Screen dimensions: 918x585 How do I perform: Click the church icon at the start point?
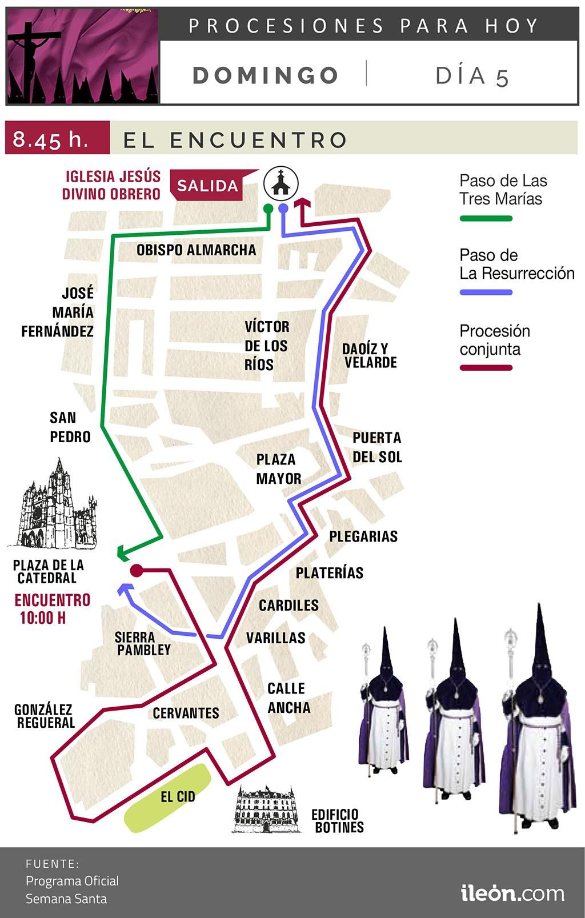281,183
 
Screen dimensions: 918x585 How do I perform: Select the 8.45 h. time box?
57,139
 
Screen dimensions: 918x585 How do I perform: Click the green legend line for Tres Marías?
486,218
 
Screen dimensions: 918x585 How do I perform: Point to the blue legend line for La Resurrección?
486,292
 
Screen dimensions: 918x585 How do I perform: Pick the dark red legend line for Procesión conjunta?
486,368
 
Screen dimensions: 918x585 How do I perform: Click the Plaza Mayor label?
278,469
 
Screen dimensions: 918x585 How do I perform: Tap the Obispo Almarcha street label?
196,250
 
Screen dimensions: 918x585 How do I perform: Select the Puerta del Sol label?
376,447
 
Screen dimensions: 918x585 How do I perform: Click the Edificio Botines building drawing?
267,809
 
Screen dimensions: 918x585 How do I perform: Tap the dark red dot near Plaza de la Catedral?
136,570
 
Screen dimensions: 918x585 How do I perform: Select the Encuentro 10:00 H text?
52,608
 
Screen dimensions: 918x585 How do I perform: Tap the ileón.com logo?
512,893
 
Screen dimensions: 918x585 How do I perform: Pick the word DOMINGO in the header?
266,75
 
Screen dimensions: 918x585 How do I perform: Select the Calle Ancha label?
289,697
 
